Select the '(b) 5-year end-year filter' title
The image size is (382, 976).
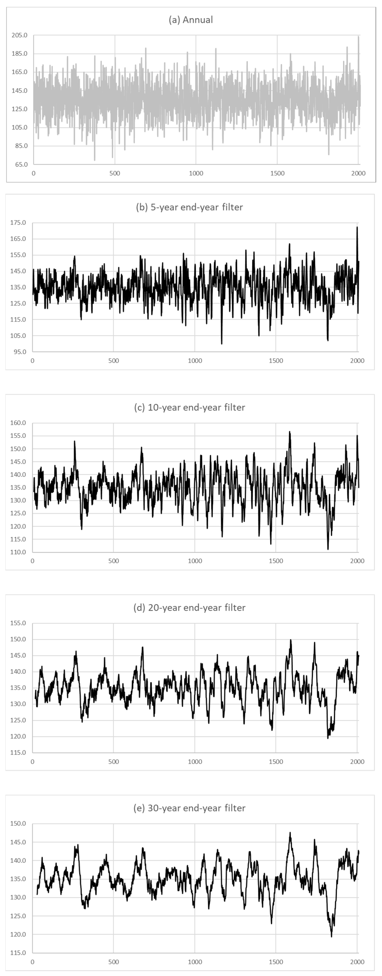189,207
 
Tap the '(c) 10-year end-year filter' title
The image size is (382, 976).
189,407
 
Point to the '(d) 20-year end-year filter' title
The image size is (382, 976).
189,607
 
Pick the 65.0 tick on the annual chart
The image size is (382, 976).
20,164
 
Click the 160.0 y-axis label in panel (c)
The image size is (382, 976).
18,423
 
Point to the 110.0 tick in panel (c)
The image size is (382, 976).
18,552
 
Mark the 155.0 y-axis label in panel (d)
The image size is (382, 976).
18,623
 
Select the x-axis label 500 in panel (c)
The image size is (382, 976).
113,561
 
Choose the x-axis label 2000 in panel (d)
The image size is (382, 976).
357,761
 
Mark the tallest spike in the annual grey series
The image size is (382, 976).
359,37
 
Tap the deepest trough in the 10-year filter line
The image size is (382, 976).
328,549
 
